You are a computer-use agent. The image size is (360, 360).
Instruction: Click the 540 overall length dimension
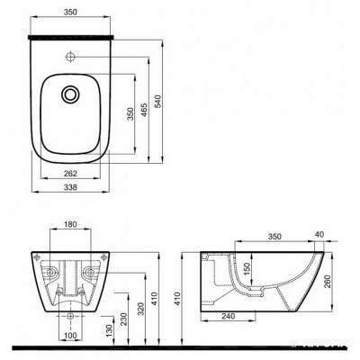pyautogui.click(x=158, y=101)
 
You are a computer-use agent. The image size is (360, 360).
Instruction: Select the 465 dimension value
pyautogui.click(x=144, y=110)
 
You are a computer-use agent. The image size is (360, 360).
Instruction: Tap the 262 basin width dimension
pyautogui.click(x=70, y=174)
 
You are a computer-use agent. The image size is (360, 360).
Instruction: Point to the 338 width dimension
pyautogui.click(x=70, y=187)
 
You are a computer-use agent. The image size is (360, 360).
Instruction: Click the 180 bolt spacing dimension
pyautogui.click(x=70, y=224)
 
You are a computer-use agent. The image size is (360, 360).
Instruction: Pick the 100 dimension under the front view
pyautogui.click(x=70, y=336)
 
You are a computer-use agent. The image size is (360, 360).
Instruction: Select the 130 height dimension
pyautogui.click(x=110, y=330)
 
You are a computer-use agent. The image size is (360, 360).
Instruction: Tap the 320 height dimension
pyautogui.click(x=141, y=309)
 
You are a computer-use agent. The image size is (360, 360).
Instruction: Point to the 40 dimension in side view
pyautogui.click(x=320, y=234)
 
